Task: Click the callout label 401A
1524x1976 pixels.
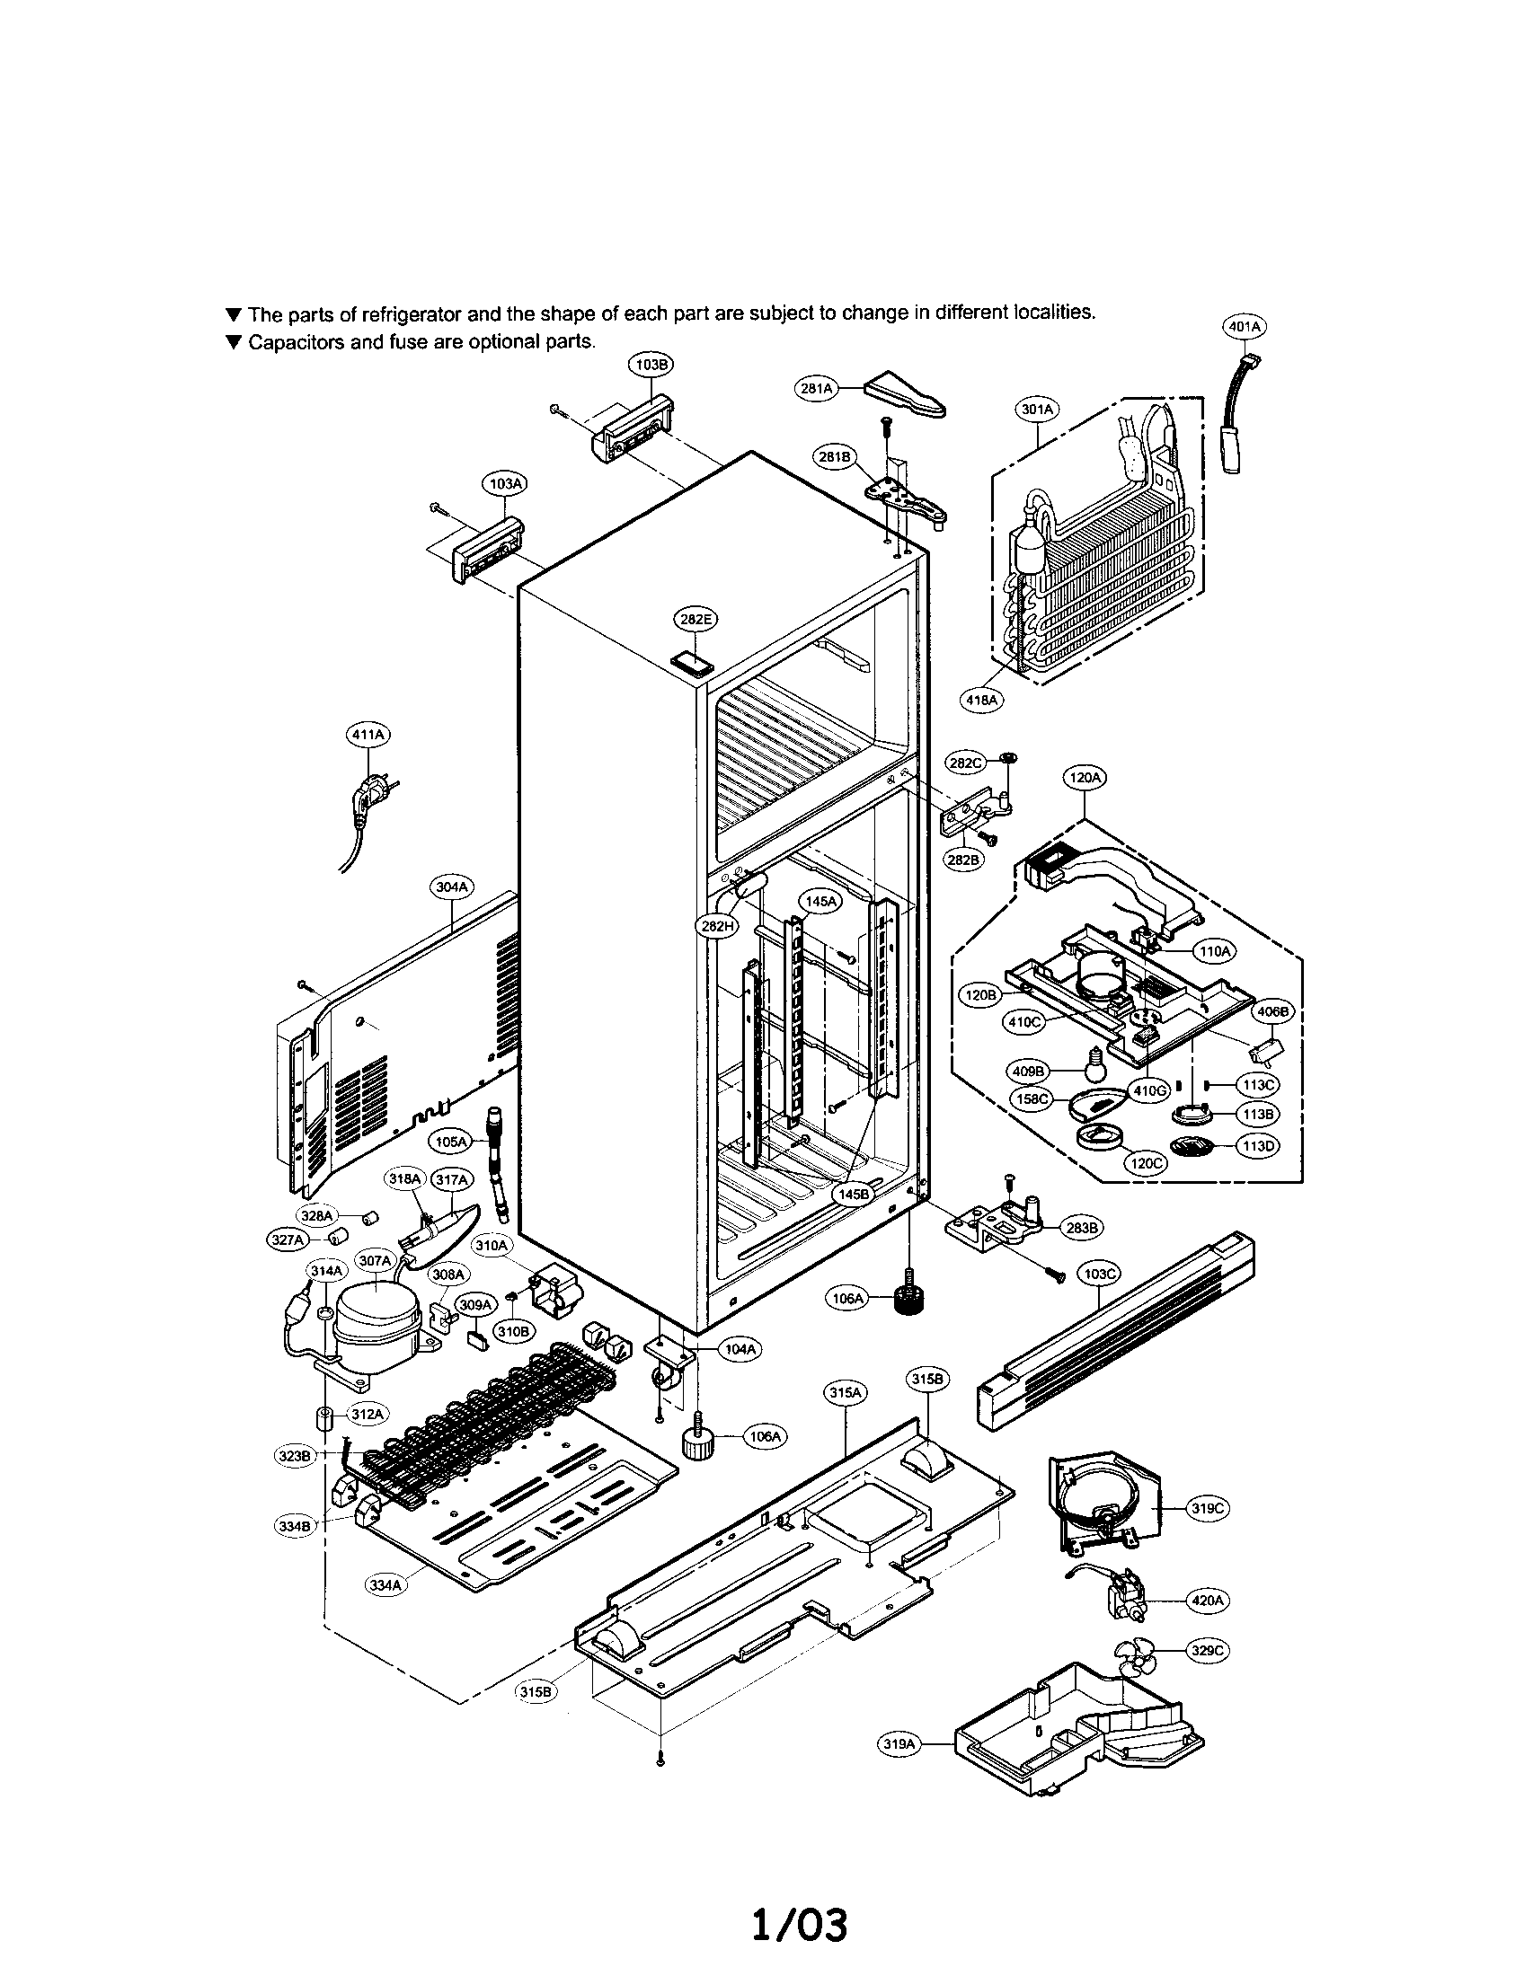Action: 1244,326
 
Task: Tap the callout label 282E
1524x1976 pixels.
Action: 695,620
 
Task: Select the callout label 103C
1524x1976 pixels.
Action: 1099,1274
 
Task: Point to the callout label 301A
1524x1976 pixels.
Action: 1037,409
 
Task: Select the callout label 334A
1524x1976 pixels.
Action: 385,1584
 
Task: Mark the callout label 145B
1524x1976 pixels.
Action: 852,1194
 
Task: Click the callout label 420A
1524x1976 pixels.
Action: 1209,1600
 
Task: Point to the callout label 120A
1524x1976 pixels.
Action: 1085,777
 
